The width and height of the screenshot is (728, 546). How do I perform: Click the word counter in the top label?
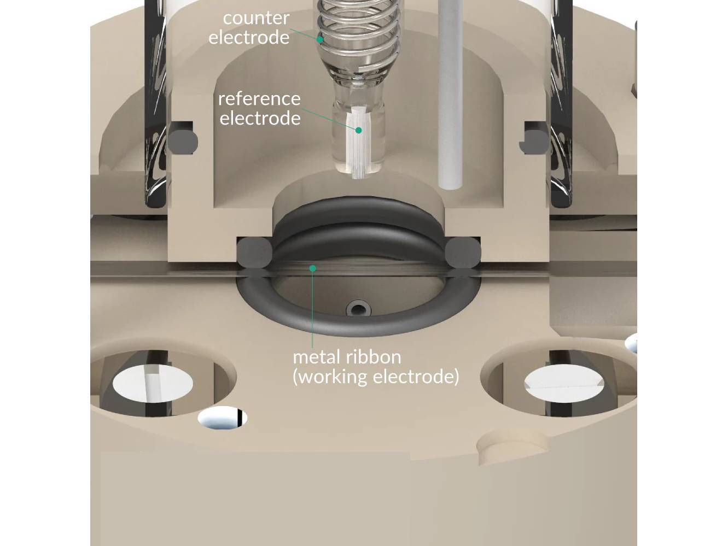pos(256,18)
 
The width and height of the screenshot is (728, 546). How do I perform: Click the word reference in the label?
pos(259,99)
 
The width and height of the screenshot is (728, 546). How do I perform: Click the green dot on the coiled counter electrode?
pos(320,39)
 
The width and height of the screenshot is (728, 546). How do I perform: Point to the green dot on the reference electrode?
pos(358,130)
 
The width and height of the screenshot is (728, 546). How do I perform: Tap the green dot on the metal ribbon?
pos(313,268)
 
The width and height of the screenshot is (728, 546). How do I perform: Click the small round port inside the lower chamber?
pos(358,310)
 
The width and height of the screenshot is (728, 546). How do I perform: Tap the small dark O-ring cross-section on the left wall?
pos(182,137)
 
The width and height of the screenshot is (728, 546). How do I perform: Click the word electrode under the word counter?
pos(249,38)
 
